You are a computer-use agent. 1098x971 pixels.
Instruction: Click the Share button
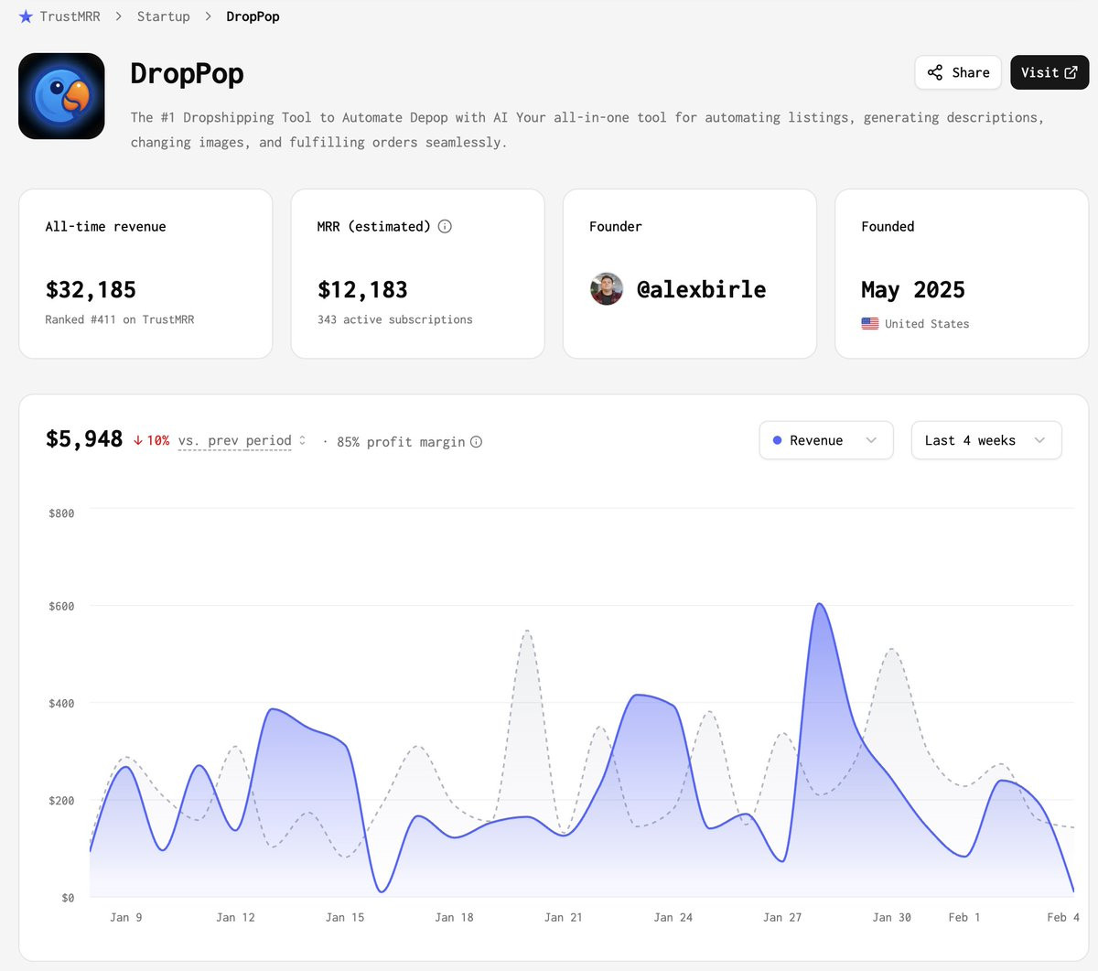pos(958,72)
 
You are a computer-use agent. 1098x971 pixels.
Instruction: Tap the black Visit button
pos(1049,72)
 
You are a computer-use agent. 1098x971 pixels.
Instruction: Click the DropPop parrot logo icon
pos(61,96)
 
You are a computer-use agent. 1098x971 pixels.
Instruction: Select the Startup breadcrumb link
pos(163,16)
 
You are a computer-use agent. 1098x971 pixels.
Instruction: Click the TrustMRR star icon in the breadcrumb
pos(26,16)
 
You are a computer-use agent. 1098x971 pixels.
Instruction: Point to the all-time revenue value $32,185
pos(91,290)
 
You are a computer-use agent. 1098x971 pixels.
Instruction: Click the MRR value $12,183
pos(362,290)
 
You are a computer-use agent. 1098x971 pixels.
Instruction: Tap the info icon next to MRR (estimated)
pos(445,226)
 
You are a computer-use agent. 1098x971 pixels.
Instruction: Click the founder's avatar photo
pos(607,289)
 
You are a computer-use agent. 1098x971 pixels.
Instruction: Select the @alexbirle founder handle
pos(701,290)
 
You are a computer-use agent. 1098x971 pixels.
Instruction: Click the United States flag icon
pos(869,324)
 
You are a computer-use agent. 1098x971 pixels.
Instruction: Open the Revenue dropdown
pos(825,440)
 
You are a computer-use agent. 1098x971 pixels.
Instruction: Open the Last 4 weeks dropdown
pos(985,440)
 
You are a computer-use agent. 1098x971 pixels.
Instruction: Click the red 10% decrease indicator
pos(152,440)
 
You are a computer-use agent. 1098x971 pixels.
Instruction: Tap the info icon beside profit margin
pos(476,442)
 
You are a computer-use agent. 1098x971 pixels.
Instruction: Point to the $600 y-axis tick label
pos(61,606)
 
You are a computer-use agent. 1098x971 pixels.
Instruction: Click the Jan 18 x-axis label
pos(454,917)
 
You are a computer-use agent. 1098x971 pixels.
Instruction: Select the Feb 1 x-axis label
pos(963,917)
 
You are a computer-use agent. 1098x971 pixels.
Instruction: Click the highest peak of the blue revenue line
pos(819,604)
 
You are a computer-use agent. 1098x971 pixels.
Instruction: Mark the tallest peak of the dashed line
pos(528,631)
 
